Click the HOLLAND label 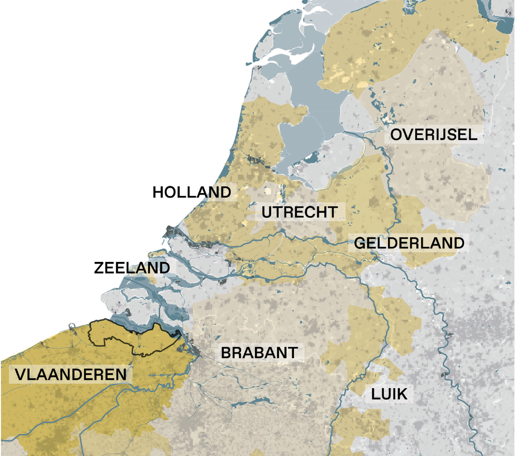pos(192,192)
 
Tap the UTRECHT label pos(299,212)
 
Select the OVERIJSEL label pos(433,135)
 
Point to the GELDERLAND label pos(409,243)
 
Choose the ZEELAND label pos(132,268)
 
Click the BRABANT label pos(259,353)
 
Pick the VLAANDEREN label pos(71,374)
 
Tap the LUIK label pos(389,394)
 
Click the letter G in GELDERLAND pos(360,243)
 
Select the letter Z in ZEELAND pos(99,268)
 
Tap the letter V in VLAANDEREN pos(21,374)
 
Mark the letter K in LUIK pos(402,394)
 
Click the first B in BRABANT pos(226,353)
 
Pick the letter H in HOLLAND pos(158,192)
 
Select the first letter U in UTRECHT pos(267,212)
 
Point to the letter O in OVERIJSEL pos(396,135)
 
